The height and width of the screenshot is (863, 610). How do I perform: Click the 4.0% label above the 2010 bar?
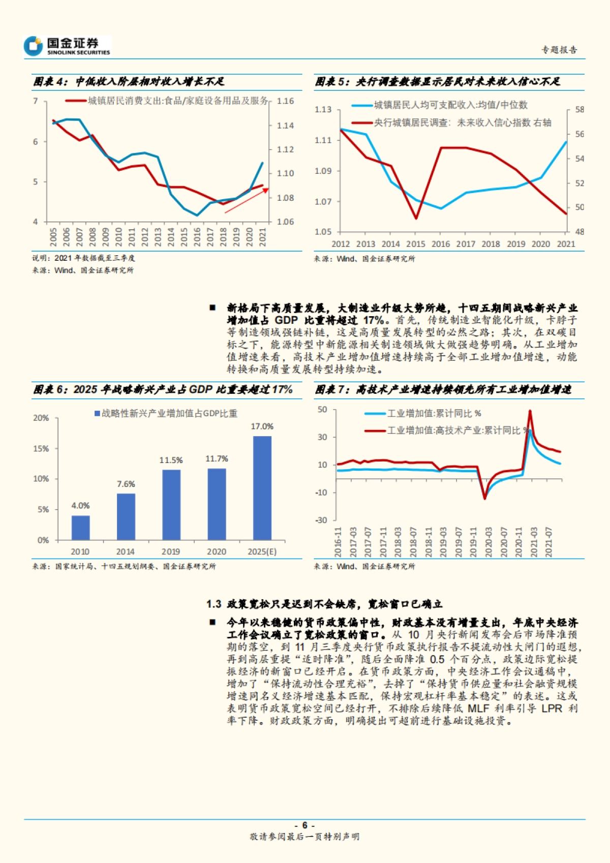80,506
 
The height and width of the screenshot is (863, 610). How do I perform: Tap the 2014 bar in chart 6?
126,516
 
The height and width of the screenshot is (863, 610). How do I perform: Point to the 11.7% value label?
217,459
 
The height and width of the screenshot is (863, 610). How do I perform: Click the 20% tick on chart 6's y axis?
41,418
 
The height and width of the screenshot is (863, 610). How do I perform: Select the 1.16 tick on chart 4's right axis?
285,101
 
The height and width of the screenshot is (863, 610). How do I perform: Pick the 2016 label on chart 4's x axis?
197,237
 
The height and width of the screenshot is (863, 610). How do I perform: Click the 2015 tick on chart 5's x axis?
416,244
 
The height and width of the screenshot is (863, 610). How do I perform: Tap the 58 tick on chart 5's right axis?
579,110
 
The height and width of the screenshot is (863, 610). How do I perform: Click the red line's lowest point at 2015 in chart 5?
416,218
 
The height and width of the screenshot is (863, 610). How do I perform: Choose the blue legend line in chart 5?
362,105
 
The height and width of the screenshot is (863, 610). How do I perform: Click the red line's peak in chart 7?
530,411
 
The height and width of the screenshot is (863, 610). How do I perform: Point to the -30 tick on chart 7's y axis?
321,520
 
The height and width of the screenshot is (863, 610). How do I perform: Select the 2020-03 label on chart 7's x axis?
489,542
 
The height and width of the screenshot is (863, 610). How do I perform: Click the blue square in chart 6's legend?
97,414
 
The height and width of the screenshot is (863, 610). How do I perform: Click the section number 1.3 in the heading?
213,604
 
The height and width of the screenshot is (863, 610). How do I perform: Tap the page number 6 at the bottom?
304,825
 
